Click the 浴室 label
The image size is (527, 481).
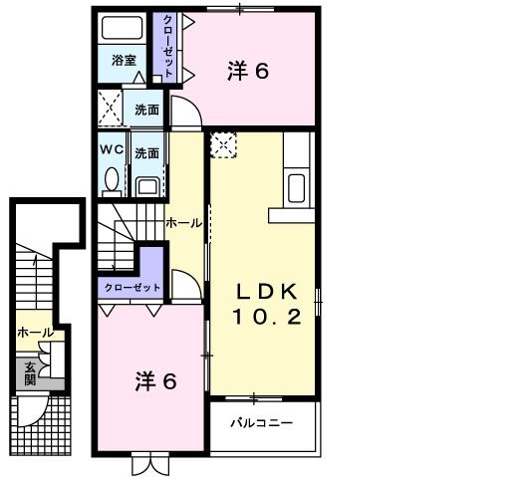(124, 60)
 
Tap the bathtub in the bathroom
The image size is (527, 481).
(125, 29)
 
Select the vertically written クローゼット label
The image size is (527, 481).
(168, 45)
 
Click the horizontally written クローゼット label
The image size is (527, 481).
(132, 287)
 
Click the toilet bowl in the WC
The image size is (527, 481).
(112, 179)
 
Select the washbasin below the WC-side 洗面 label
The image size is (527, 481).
(147, 183)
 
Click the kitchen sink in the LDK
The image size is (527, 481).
(297, 186)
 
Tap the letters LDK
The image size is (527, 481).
(266, 292)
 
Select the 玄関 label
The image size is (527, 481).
(30, 372)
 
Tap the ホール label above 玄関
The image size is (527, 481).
(35, 332)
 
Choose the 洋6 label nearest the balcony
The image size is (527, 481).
(156, 381)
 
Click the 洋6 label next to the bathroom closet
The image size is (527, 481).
(248, 72)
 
